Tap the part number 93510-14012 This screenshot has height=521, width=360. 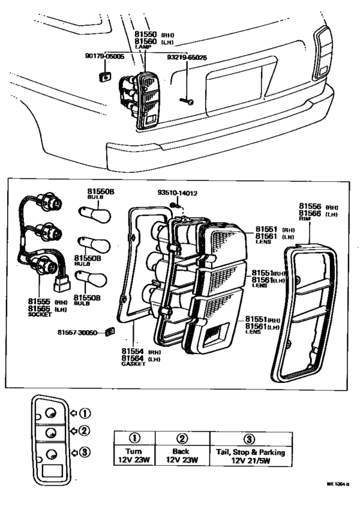[177, 192]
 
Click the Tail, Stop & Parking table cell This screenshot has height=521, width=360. [250, 456]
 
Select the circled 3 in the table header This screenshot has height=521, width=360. [250, 439]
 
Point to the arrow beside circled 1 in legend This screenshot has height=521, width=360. [73, 412]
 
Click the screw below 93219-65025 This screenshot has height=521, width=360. [187, 101]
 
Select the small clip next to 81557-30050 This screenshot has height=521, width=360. [109, 332]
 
